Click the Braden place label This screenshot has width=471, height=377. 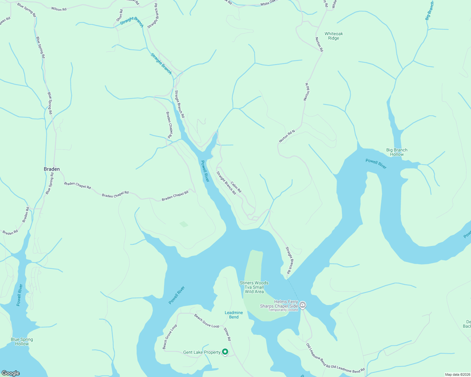52,169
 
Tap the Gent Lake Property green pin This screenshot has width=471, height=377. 225,352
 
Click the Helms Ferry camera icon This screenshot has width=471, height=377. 303,305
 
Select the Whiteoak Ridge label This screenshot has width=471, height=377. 334,36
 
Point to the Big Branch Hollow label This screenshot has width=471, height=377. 397,152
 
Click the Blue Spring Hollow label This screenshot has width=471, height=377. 22,341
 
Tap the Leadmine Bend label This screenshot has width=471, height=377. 234,315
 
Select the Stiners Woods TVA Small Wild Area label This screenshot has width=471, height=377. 254,287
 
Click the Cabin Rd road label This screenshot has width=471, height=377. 236,187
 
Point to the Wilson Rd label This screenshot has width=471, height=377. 59,9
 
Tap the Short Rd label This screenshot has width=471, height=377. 120,15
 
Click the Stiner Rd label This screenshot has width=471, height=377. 227,334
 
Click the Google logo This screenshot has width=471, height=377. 11,373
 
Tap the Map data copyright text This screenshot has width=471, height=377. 457,374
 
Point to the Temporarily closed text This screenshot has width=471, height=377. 283,310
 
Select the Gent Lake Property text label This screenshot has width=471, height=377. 202,352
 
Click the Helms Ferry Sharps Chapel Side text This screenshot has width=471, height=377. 279,304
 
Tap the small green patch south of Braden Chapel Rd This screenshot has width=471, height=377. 184,224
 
